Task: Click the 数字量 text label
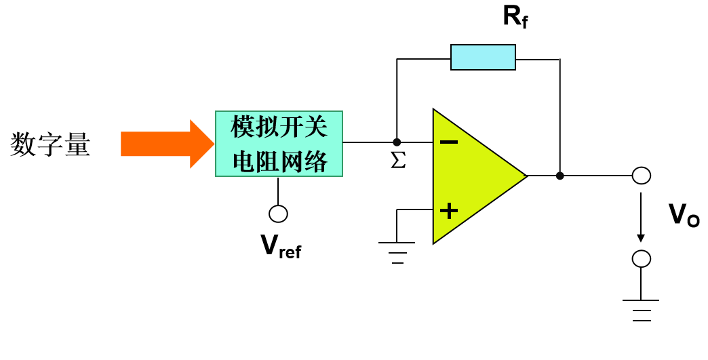click(x=50, y=145)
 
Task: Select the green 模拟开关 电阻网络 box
click(x=279, y=144)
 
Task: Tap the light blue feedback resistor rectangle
click(x=483, y=58)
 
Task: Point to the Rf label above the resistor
click(x=515, y=17)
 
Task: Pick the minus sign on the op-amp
click(x=448, y=142)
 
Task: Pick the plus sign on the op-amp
click(x=448, y=210)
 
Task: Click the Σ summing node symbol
click(x=398, y=161)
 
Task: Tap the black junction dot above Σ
click(x=397, y=142)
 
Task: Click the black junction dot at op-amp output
click(x=559, y=176)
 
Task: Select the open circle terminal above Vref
click(x=278, y=214)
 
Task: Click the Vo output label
click(x=684, y=216)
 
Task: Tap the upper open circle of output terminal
click(x=641, y=176)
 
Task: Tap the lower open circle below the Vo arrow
click(x=641, y=259)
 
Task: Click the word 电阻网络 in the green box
click(x=279, y=162)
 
